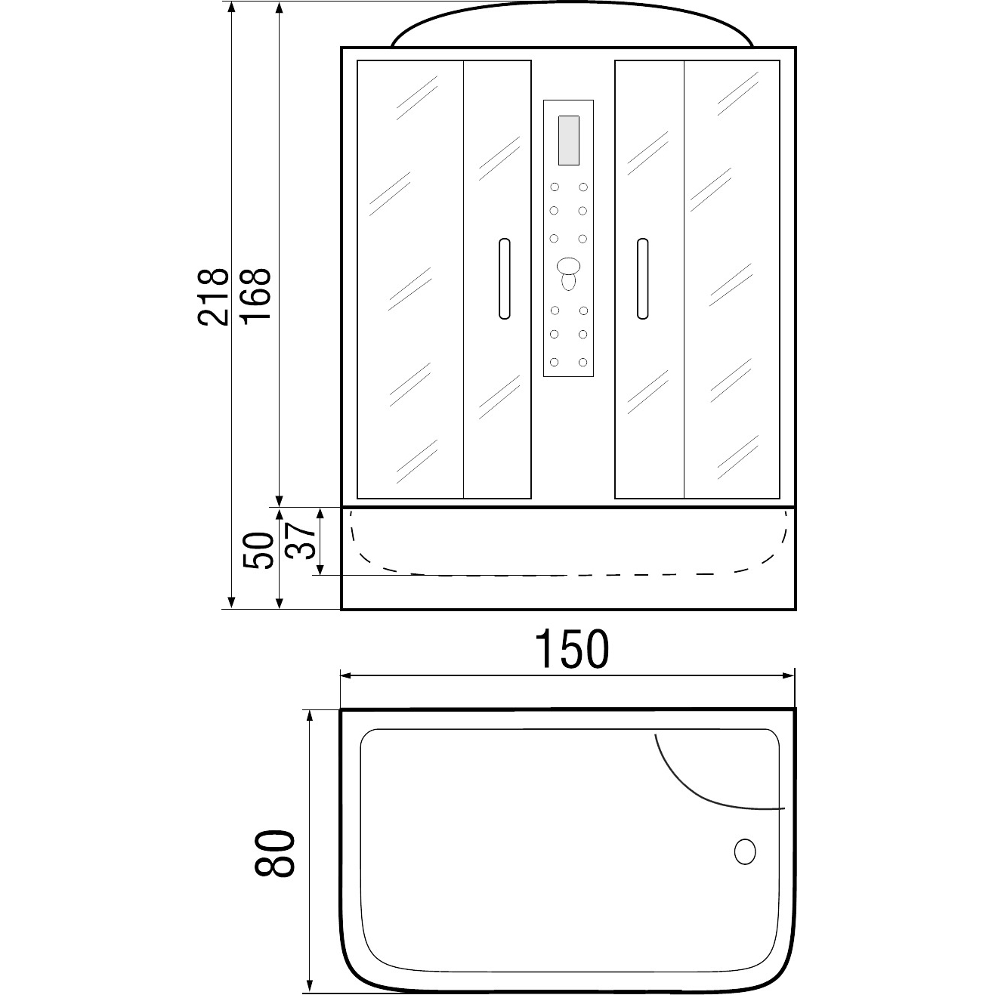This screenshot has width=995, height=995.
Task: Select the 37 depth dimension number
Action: pos(300,541)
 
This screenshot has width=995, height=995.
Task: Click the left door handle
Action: pos(505,278)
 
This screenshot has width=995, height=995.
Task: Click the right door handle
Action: pos(642,278)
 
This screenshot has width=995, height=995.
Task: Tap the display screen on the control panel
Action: pos(568,141)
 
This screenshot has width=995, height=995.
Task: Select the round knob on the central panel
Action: pos(568,266)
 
